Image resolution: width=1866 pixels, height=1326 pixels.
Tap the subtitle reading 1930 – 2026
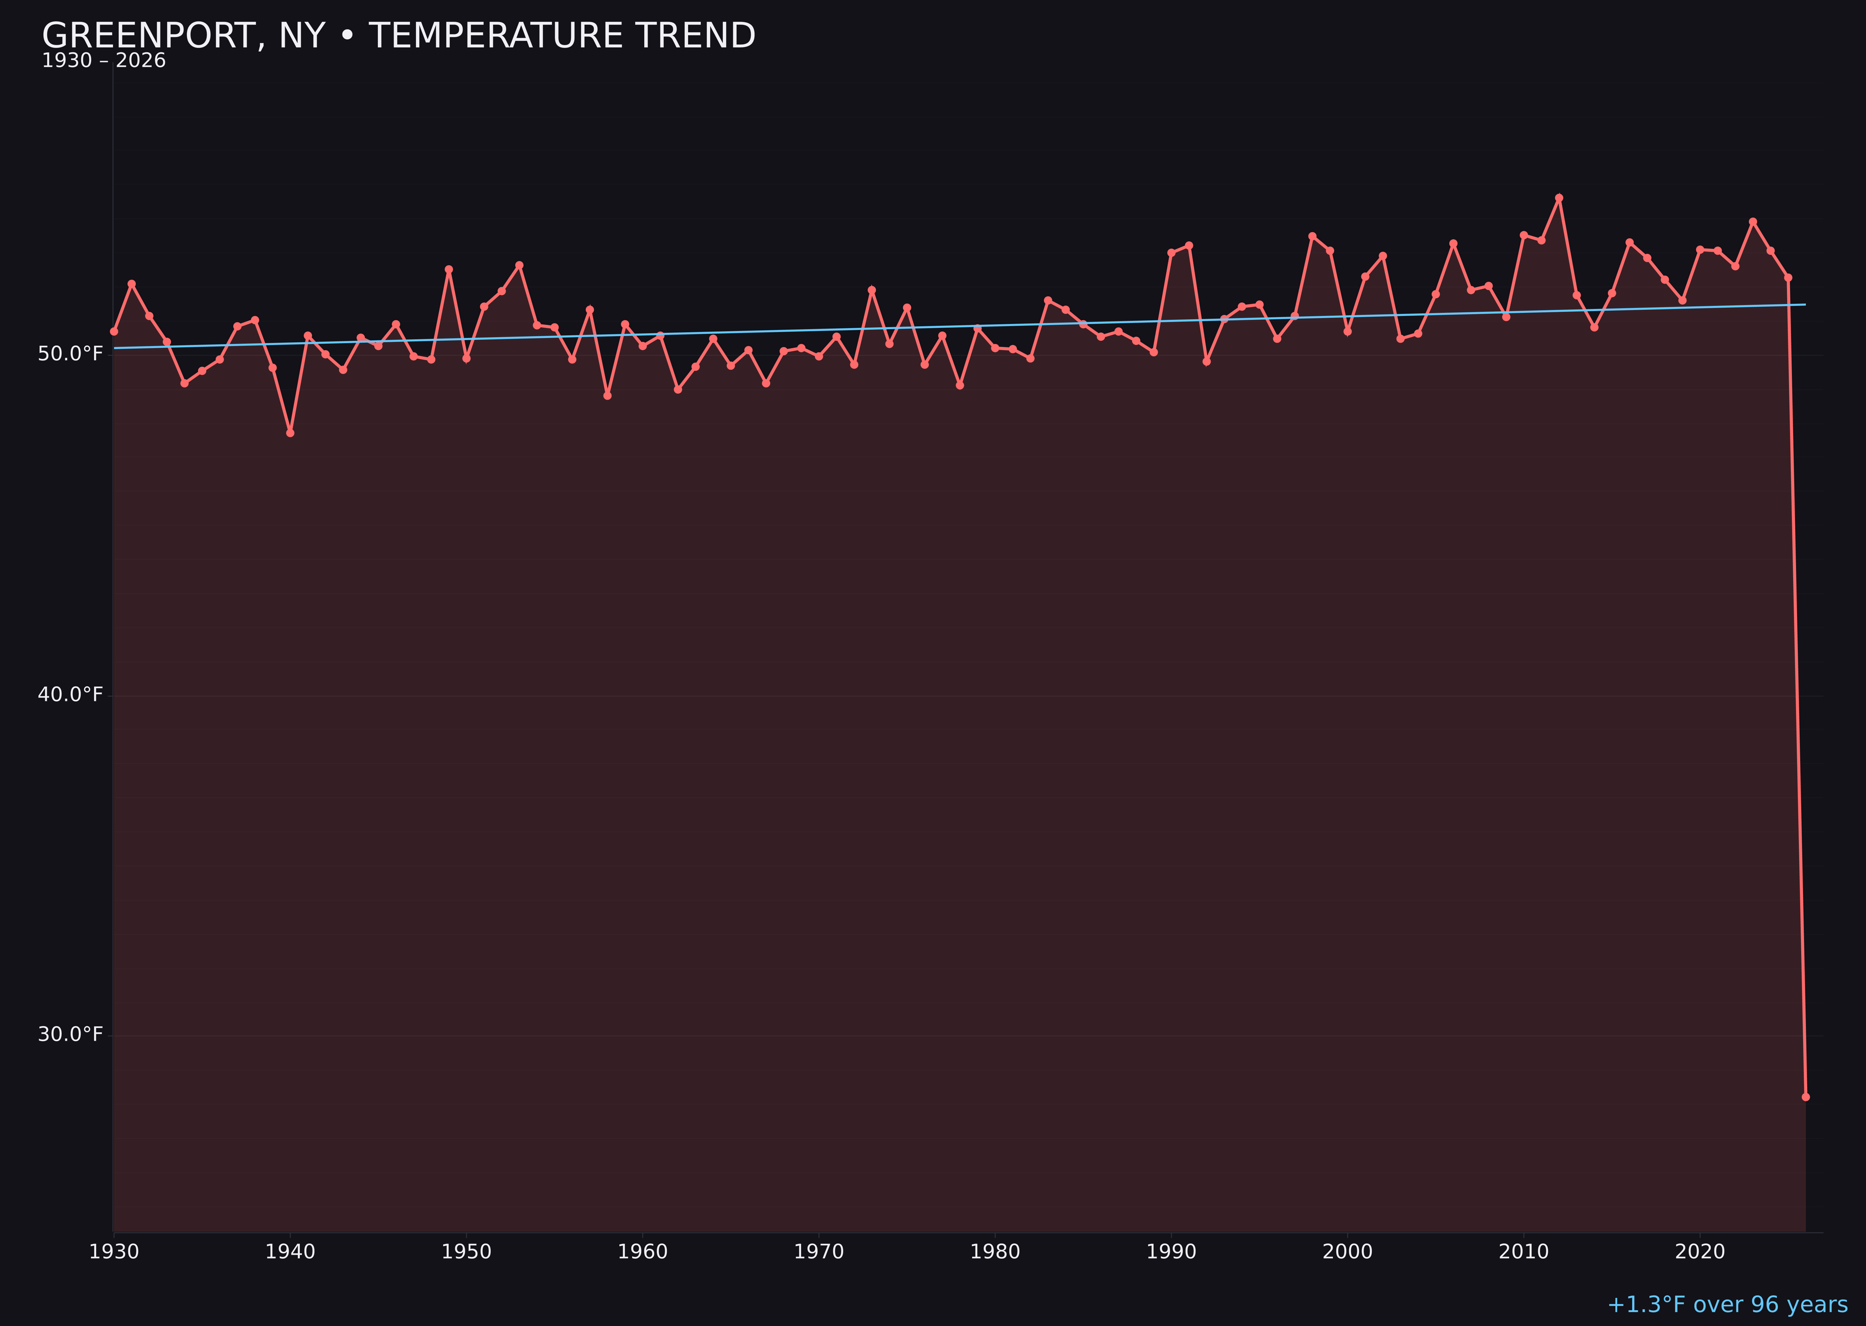click(104, 61)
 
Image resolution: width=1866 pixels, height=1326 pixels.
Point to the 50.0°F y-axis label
click(70, 353)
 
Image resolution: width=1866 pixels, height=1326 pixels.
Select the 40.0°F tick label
click(70, 695)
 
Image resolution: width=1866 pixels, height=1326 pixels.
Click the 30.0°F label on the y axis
click(70, 1035)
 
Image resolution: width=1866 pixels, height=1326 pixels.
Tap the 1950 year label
click(466, 1252)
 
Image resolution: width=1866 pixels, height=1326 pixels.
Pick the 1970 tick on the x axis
click(819, 1252)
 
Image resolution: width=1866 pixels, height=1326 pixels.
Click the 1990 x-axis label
click(1171, 1252)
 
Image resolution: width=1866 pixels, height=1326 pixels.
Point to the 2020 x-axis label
click(1699, 1252)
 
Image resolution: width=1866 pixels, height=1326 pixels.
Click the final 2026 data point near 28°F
click(1805, 1097)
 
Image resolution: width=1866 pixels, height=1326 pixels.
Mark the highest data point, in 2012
click(1559, 198)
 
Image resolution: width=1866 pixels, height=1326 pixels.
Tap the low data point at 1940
click(290, 433)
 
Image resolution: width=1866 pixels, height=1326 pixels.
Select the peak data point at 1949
click(448, 269)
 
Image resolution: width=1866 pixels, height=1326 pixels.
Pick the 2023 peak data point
click(1753, 221)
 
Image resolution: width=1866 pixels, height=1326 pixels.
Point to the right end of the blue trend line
click(1805, 304)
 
